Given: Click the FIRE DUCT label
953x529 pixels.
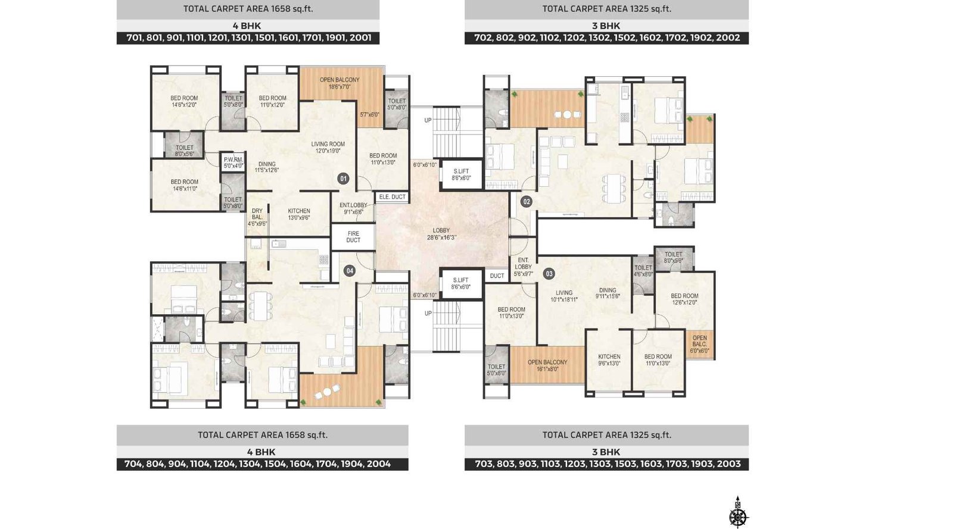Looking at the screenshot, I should (x=353, y=237).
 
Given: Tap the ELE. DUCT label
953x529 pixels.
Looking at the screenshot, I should (x=392, y=197).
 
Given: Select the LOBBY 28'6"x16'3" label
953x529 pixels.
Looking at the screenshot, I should (x=441, y=234).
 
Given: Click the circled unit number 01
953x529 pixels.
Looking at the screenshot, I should (x=343, y=179).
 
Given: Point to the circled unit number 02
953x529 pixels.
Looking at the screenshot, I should (x=526, y=202).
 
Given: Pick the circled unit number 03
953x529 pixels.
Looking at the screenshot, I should (x=549, y=274).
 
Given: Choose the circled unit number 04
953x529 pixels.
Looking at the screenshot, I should (x=350, y=271).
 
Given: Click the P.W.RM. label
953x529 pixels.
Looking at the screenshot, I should (x=233, y=162).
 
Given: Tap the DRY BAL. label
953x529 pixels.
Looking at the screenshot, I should (x=257, y=217).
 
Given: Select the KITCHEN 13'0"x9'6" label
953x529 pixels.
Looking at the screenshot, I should (x=299, y=214).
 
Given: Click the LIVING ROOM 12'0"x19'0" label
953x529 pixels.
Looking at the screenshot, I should (x=328, y=147).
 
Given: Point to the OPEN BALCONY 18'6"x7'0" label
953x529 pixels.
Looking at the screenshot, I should (x=340, y=83).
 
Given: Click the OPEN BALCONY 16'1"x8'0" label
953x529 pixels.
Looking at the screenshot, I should (x=547, y=365).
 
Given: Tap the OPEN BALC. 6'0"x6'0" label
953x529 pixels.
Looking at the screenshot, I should (x=699, y=344).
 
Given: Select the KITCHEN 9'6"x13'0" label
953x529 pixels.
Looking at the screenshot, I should (x=609, y=360).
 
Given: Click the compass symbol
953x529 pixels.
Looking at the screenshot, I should (x=738, y=513).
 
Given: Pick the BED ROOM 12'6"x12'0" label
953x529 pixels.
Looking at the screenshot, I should (x=684, y=299).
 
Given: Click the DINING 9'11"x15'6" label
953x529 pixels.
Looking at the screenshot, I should (x=608, y=293).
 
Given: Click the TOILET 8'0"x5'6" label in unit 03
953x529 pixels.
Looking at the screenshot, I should (x=673, y=257).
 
